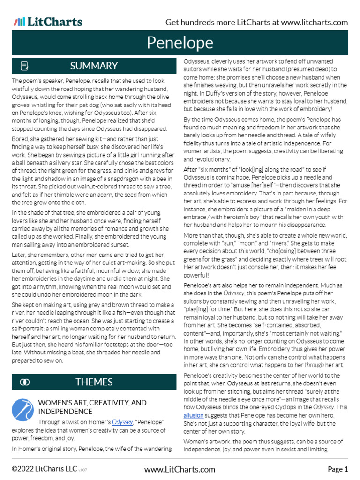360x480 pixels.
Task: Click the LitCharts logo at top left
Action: click(x=48, y=22)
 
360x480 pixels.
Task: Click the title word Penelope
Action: click(x=180, y=43)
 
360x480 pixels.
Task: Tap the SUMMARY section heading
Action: click(x=94, y=66)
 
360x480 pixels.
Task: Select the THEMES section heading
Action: click(x=94, y=382)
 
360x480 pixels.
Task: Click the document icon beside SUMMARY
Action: click(x=25, y=66)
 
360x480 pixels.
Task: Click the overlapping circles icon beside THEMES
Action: click(x=25, y=382)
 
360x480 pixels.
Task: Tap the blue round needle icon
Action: click(x=22, y=410)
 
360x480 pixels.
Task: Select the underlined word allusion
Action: click(x=193, y=415)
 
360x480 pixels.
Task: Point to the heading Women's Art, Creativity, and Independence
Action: click(x=92, y=407)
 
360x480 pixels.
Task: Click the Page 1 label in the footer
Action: click(x=337, y=469)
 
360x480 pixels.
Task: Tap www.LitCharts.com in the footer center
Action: click(x=180, y=469)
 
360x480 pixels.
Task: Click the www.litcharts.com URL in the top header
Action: click(x=315, y=22)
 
